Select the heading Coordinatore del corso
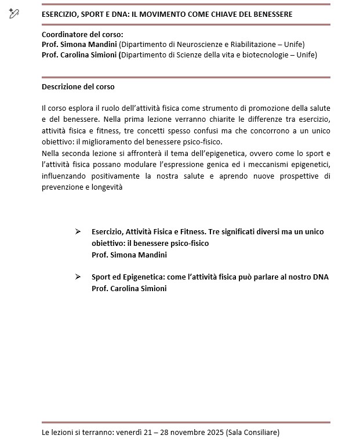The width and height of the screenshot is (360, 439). pos(82,35)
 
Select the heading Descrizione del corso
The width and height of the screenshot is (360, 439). pos(78,87)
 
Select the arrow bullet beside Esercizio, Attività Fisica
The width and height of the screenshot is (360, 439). pos(78,231)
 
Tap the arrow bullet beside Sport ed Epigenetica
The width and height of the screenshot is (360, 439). pos(78,277)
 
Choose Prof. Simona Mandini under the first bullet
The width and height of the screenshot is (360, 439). pos(125,254)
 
